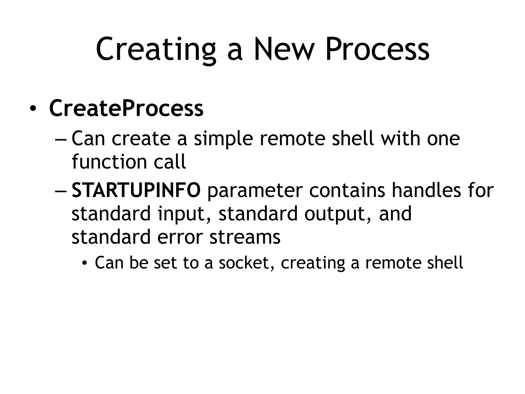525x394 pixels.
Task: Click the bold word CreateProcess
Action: pyautogui.click(x=126, y=108)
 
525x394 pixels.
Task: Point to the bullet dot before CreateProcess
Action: pyautogui.click(x=33, y=109)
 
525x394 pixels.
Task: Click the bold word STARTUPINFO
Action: pyautogui.click(x=136, y=190)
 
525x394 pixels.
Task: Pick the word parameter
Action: pyautogui.click(x=255, y=191)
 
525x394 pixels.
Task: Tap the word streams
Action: pyautogui.click(x=245, y=237)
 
